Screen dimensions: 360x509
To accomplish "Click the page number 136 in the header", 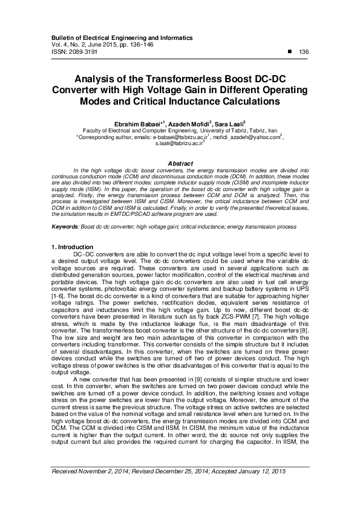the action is (x=304, y=52).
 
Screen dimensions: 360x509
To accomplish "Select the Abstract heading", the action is (x=180, y=164).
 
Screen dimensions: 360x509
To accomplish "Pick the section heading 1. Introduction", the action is (x=71, y=247).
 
